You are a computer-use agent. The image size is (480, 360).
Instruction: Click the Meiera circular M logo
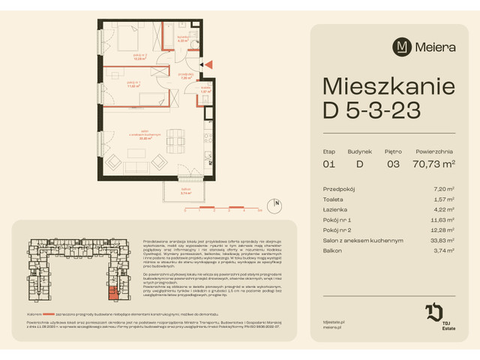pyautogui.click(x=402, y=47)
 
